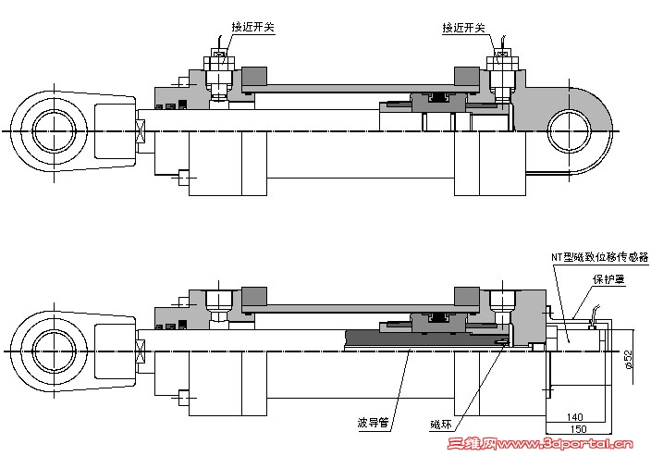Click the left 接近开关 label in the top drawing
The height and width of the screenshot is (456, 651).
[252, 27]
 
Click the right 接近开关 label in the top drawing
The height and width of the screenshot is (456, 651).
[463, 28]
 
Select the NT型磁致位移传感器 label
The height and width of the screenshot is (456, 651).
[599, 257]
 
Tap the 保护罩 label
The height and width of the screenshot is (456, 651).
[608, 279]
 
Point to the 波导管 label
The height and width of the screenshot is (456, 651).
[373, 423]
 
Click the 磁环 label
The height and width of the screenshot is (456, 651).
[440, 425]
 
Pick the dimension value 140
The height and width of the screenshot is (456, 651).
[574, 416]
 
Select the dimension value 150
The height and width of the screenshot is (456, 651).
[578, 428]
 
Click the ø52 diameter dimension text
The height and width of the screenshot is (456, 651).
[629, 359]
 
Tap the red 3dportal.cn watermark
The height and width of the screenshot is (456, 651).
[540, 444]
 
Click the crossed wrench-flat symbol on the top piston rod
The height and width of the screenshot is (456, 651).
[141, 130]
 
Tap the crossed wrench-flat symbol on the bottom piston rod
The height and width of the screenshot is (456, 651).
[141, 351]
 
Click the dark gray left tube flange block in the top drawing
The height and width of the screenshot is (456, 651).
[254, 76]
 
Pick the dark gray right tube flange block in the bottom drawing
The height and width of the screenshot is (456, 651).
[467, 296]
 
